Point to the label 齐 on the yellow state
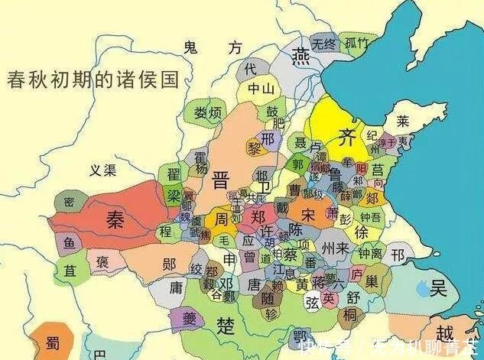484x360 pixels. (349, 138)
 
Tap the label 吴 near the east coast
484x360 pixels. (439, 289)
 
